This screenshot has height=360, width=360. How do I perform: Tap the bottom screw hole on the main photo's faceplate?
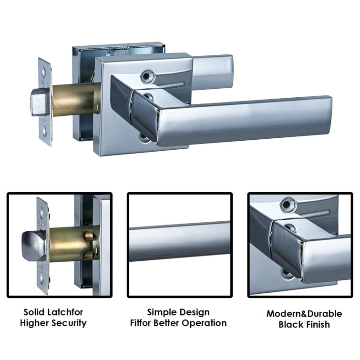44,130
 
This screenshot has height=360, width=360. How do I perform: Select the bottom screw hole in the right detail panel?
287,273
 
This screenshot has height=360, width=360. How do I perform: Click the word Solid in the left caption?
35,312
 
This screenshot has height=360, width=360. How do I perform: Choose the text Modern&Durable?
304,314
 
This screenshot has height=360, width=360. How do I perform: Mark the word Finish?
317,325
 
